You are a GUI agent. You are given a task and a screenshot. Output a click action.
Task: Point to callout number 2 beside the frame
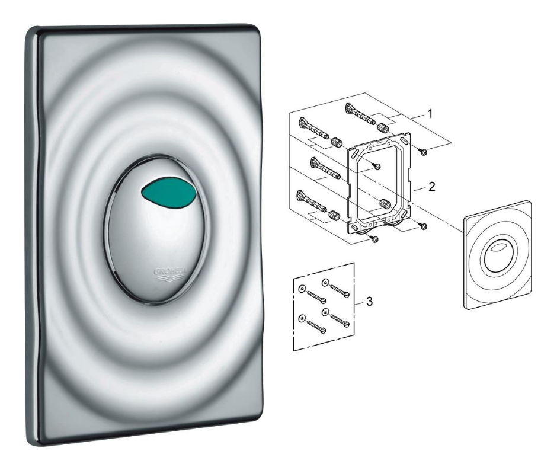[x=432, y=186]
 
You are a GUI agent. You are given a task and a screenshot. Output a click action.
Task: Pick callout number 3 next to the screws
[x=369, y=302]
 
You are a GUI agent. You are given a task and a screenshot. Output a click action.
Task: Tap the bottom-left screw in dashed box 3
[x=314, y=328]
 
